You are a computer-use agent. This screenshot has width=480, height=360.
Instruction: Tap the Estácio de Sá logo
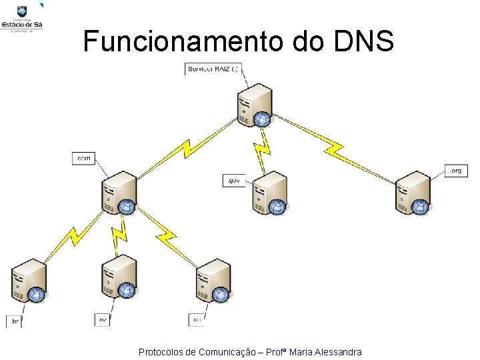[x=23, y=17]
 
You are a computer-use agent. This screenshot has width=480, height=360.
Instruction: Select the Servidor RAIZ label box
[x=213, y=69]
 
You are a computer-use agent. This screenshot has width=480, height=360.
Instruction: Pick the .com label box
[x=83, y=158]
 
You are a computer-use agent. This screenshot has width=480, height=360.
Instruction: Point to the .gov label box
[x=234, y=180]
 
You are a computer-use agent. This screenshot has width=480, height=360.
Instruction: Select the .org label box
[x=455, y=171]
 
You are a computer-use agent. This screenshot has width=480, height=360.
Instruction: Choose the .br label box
[x=14, y=322]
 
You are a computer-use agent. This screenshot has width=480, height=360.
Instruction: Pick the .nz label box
[x=103, y=320]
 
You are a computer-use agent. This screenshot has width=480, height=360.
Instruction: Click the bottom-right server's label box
[x=197, y=320]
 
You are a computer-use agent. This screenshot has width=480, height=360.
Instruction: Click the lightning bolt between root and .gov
[x=262, y=147]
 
